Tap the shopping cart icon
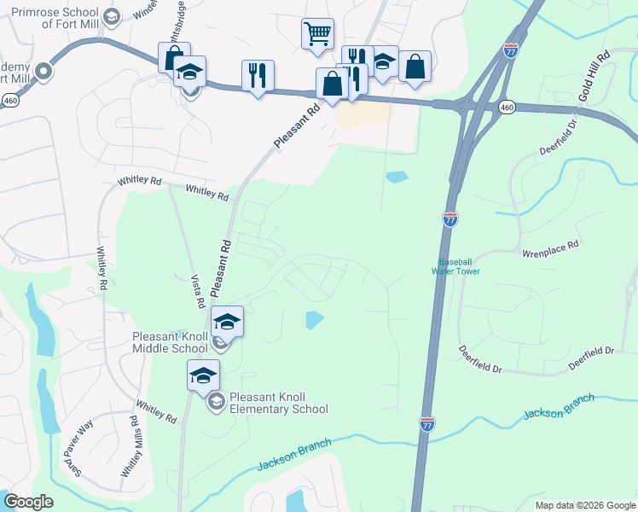point(316,34)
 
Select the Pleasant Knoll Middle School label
point(170,342)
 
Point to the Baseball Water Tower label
point(460,266)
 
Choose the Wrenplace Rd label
point(550,244)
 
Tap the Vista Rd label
point(197,289)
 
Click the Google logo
point(28,502)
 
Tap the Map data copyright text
point(585,505)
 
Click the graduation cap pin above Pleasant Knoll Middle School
point(227,322)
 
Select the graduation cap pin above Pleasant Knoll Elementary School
point(204,375)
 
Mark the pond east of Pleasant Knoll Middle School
point(314,320)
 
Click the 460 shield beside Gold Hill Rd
point(507,108)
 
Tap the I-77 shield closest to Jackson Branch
point(427,423)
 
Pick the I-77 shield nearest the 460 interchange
point(511,50)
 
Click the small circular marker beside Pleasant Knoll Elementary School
point(216,402)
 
